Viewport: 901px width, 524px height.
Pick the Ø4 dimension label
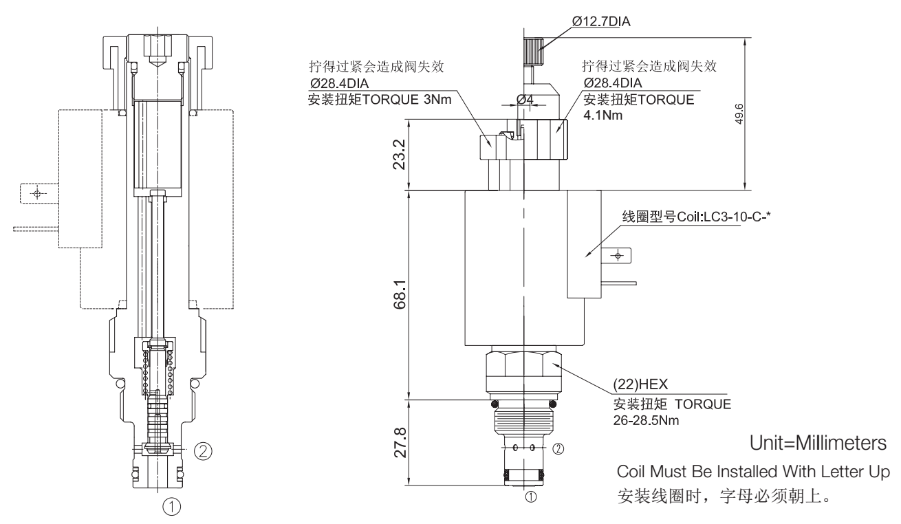(525, 99)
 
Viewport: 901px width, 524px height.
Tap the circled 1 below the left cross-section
(171, 507)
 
